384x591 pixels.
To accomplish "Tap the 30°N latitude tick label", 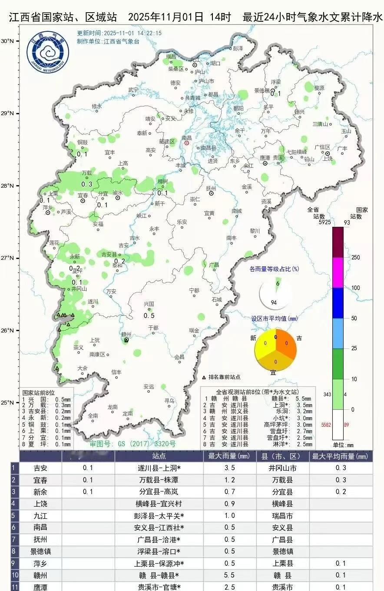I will (x=7, y=41).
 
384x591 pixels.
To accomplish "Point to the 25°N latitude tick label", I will (x=7, y=402).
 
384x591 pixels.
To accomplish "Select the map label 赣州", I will (x=126, y=334).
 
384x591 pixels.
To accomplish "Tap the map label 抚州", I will (x=212, y=188).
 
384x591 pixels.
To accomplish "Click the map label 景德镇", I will (x=262, y=90).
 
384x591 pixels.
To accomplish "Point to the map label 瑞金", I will (x=194, y=330).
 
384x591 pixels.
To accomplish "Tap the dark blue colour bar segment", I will (x=338, y=303).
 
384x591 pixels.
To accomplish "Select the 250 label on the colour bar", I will (x=356, y=258).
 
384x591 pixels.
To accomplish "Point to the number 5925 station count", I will (x=313, y=222).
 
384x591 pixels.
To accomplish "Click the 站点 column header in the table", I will (x=159, y=456).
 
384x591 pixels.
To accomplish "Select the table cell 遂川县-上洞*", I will (x=159, y=468).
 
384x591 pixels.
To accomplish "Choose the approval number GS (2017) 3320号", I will (x=132, y=444).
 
